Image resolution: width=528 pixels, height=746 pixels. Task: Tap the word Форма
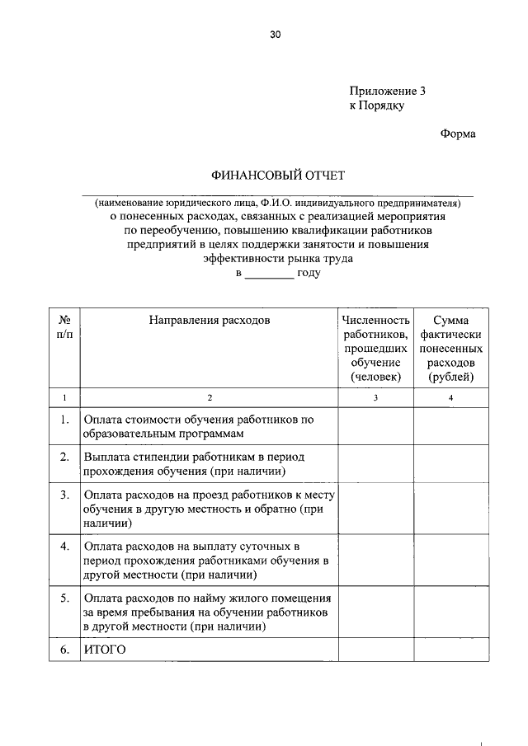457,134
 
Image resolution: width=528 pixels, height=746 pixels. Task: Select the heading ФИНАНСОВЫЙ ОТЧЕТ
277,175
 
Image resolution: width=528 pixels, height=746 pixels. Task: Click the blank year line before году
269,274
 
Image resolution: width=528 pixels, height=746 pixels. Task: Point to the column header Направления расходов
210,320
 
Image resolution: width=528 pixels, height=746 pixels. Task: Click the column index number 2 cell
210,397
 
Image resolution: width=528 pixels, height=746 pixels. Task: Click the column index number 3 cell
375,397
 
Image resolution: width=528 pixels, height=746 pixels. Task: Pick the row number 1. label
64,420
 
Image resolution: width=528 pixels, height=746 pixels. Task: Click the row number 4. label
64,547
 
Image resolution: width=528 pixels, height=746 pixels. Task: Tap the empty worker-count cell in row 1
375,426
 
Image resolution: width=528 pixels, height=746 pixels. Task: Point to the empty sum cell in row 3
450,509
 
